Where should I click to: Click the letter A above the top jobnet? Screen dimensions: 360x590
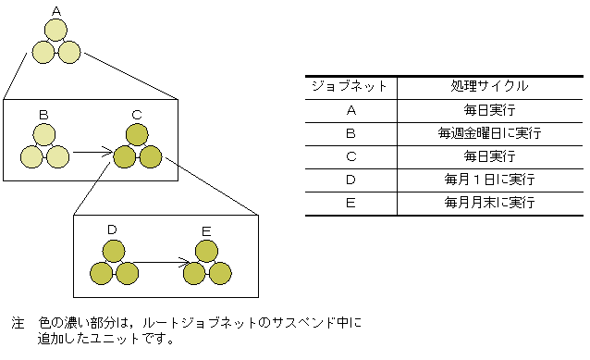pyautogui.click(x=56, y=10)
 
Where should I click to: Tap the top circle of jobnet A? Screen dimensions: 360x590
pyautogui.click(x=56, y=30)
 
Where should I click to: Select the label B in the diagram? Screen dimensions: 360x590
pyautogui.click(x=43, y=114)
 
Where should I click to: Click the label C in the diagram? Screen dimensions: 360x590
pyautogui.click(x=137, y=114)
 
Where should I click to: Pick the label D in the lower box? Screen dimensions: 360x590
pyautogui.click(x=112, y=229)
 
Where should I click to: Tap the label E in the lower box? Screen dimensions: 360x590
pyautogui.click(x=205, y=229)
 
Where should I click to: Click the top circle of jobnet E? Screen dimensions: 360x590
pyautogui.click(x=206, y=250)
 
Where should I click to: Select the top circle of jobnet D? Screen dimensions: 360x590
pyautogui.click(x=114, y=250)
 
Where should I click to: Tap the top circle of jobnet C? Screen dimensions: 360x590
pyautogui.click(x=137, y=135)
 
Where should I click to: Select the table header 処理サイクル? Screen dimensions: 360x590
pyautogui.click(x=489, y=86)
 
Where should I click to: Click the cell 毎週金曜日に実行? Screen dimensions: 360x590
pyautogui.click(x=489, y=133)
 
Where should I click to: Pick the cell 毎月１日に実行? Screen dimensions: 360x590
pyautogui.click(x=489, y=179)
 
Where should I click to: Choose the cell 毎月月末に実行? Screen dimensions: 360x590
pyautogui.click(x=489, y=202)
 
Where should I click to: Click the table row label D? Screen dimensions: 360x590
pyautogui.click(x=350, y=179)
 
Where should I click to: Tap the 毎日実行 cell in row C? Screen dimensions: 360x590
pyautogui.click(x=489, y=156)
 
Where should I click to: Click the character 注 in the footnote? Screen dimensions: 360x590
pyautogui.click(x=17, y=324)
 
